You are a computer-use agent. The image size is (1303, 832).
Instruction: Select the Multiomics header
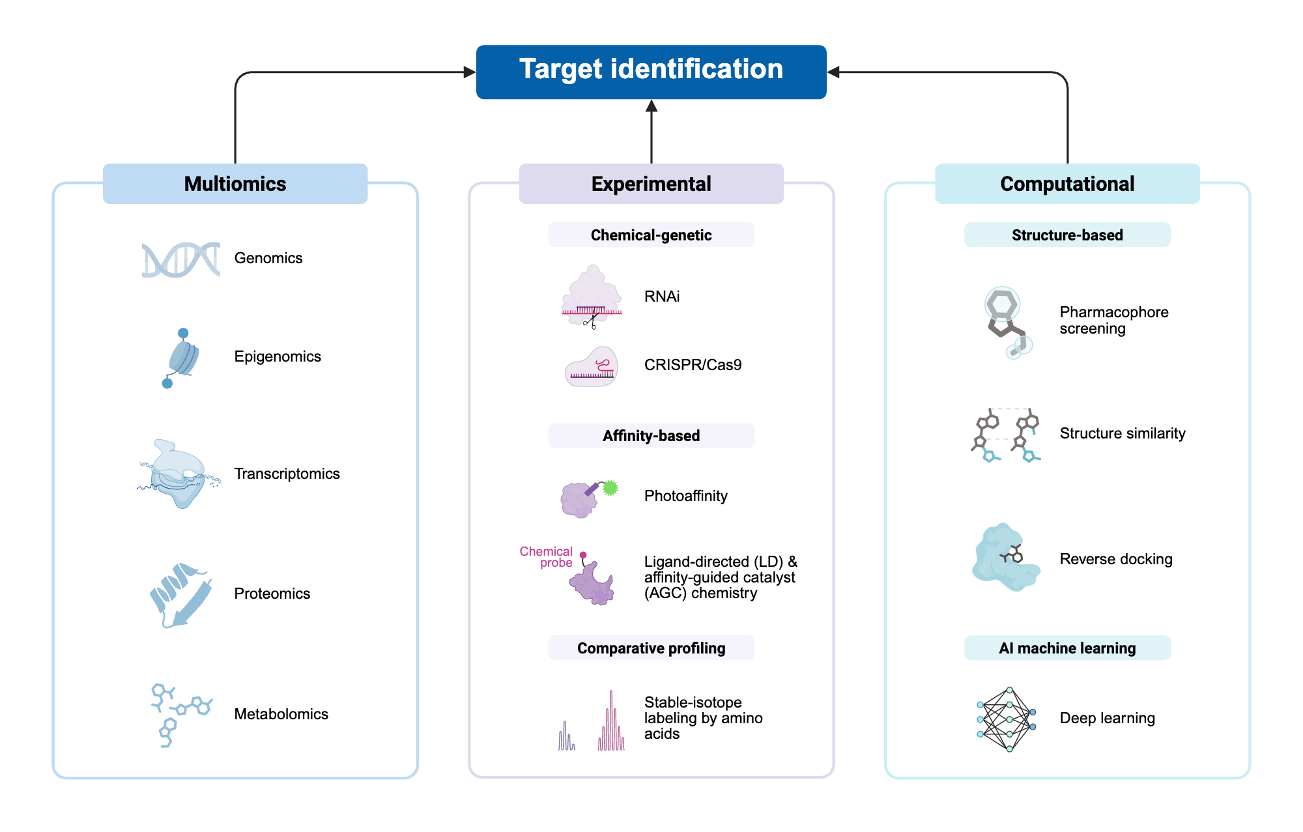click(235, 184)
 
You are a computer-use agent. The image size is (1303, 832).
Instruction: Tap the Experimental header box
click(651, 184)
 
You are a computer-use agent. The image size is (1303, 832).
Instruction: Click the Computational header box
click(1067, 184)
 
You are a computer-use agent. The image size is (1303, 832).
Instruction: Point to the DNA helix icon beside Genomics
click(180, 259)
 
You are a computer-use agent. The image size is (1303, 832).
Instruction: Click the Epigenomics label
click(278, 356)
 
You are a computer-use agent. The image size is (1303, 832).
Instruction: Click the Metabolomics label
click(281, 714)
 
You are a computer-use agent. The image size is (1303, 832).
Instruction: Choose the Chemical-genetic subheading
click(651, 235)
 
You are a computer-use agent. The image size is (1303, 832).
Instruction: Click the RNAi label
click(661, 296)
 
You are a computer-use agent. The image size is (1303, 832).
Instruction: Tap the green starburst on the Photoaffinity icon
click(610, 487)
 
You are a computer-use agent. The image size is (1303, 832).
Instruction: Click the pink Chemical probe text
click(547, 557)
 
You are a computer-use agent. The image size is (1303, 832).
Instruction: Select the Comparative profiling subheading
click(651, 648)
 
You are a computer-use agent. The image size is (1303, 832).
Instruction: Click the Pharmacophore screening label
click(1113, 320)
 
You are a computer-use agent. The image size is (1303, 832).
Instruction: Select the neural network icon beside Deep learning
click(1007, 719)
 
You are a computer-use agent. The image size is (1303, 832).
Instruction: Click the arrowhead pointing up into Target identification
click(651, 106)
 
